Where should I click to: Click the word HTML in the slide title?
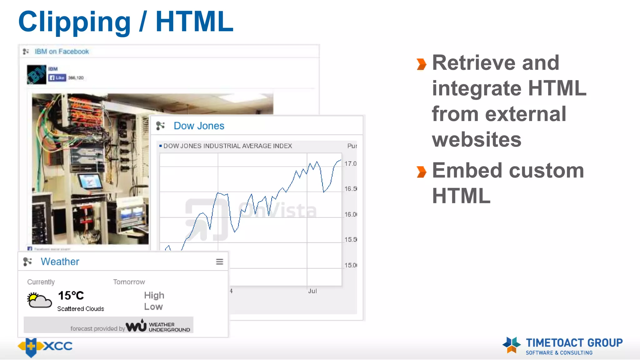pyautogui.click(x=194, y=22)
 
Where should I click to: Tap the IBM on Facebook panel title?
pyautogui.click(x=62, y=52)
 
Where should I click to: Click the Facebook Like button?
pyautogui.click(x=57, y=77)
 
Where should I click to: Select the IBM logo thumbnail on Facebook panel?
pyautogui.click(x=36, y=74)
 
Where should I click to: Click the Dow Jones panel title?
pyautogui.click(x=199, y=126)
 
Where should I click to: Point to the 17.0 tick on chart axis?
pyautogui.click(x=350, y=164)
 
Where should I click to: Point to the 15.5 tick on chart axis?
pyautogui.click(x=350, y=240)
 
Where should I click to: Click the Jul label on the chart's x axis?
pyautogui.click(x=312, y=291)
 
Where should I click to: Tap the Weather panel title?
pyautogui.click(x=60, y=262)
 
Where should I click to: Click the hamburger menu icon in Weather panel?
pyautogui.click(x=219, y=262)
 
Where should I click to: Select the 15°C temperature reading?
pyautogui.click(x=71, y=296)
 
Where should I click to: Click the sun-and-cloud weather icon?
pyautogui.click(x=39, y=300)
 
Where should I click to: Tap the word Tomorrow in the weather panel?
pyautogui.click(x=129, y=282)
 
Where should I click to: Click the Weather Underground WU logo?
pyautogui.click(x=136, y=326)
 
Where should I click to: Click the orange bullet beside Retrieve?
pyautogui.click(x=421, y=64)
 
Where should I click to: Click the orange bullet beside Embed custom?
pyautogui.click(x=421, y=172)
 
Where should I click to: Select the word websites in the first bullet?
pyautogui.click(x=477, y=139)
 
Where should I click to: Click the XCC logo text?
pyautogui.click(x=58, y=346)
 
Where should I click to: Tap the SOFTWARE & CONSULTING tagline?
pyautogui.click(x=559, y=353)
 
